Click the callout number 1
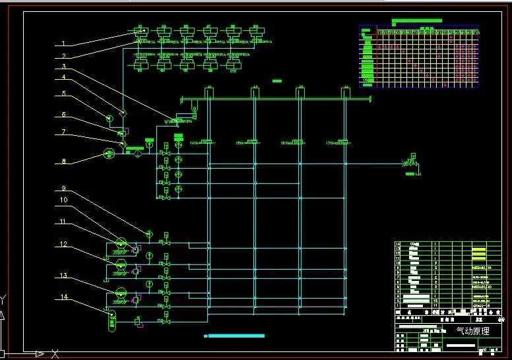coord(63,44)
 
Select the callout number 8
coord(63,160)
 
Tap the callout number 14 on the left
coord(65,297)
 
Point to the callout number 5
coord(63,94)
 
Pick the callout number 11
coord(63,222)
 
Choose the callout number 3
coord(63,66)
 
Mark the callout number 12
coord(63,245)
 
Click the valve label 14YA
coord(194,142)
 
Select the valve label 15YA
coord(240,142)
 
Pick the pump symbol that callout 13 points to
coord(121,291)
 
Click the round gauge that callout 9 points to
coord(149,235)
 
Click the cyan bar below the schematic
coord(236,336)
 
